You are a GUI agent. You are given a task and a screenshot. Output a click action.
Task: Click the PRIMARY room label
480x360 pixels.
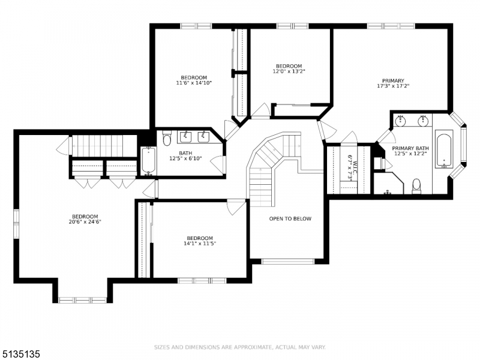pyautogui.click(x=393, y=81)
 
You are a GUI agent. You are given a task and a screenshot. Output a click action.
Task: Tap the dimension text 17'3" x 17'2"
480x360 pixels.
pyautogui.click(x=393, y=86)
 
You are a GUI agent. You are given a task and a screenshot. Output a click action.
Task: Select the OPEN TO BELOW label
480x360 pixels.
pyautogui.click(x=290, y=218)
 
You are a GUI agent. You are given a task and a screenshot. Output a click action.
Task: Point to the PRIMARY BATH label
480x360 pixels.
pyautogui.click(x=410, y=148)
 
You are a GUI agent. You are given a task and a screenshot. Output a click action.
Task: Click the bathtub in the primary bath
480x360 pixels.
pyautogui.click(x=444, y=149)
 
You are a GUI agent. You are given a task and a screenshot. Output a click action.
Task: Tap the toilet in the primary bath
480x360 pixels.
pyautogui.click(x=416, y=186)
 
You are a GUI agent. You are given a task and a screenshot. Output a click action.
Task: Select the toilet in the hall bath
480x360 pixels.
pyautogui.click(x=167, y=139)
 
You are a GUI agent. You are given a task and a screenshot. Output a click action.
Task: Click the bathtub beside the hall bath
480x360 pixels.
pyautogui.click(x=148, y=161)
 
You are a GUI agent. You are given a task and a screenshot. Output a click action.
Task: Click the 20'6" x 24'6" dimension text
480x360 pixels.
pyautogui.click(x=85, y=222)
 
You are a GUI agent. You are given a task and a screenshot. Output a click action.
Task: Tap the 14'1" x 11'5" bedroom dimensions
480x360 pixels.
pyautogui.click(x=200, y=244)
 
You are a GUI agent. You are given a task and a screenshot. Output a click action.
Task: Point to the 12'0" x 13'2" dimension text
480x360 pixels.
pyautogui.click(x=289, y=71)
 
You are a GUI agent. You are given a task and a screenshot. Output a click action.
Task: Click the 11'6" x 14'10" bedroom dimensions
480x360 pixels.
pyautogui.click(x=194, y=83)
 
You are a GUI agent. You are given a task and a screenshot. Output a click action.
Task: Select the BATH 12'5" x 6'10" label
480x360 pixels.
pyautogui.click(x=185, y=155)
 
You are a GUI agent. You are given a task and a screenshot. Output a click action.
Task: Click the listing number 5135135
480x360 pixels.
pyautogui.click(x=20, y=354)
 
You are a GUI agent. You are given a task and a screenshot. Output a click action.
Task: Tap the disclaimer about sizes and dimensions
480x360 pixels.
pyautogui.click(x=239, y=347)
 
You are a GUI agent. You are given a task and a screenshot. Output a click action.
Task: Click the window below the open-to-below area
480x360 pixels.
pyautogui.click(x=288, y=262)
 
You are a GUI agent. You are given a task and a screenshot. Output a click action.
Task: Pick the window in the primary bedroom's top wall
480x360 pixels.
pyautogui.click(x=391, y=26)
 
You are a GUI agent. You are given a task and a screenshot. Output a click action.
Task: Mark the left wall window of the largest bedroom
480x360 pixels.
pyautogui.click(x=16, y=224)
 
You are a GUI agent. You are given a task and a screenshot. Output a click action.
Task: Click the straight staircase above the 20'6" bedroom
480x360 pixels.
pyautogui.click(x=104, y=146)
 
